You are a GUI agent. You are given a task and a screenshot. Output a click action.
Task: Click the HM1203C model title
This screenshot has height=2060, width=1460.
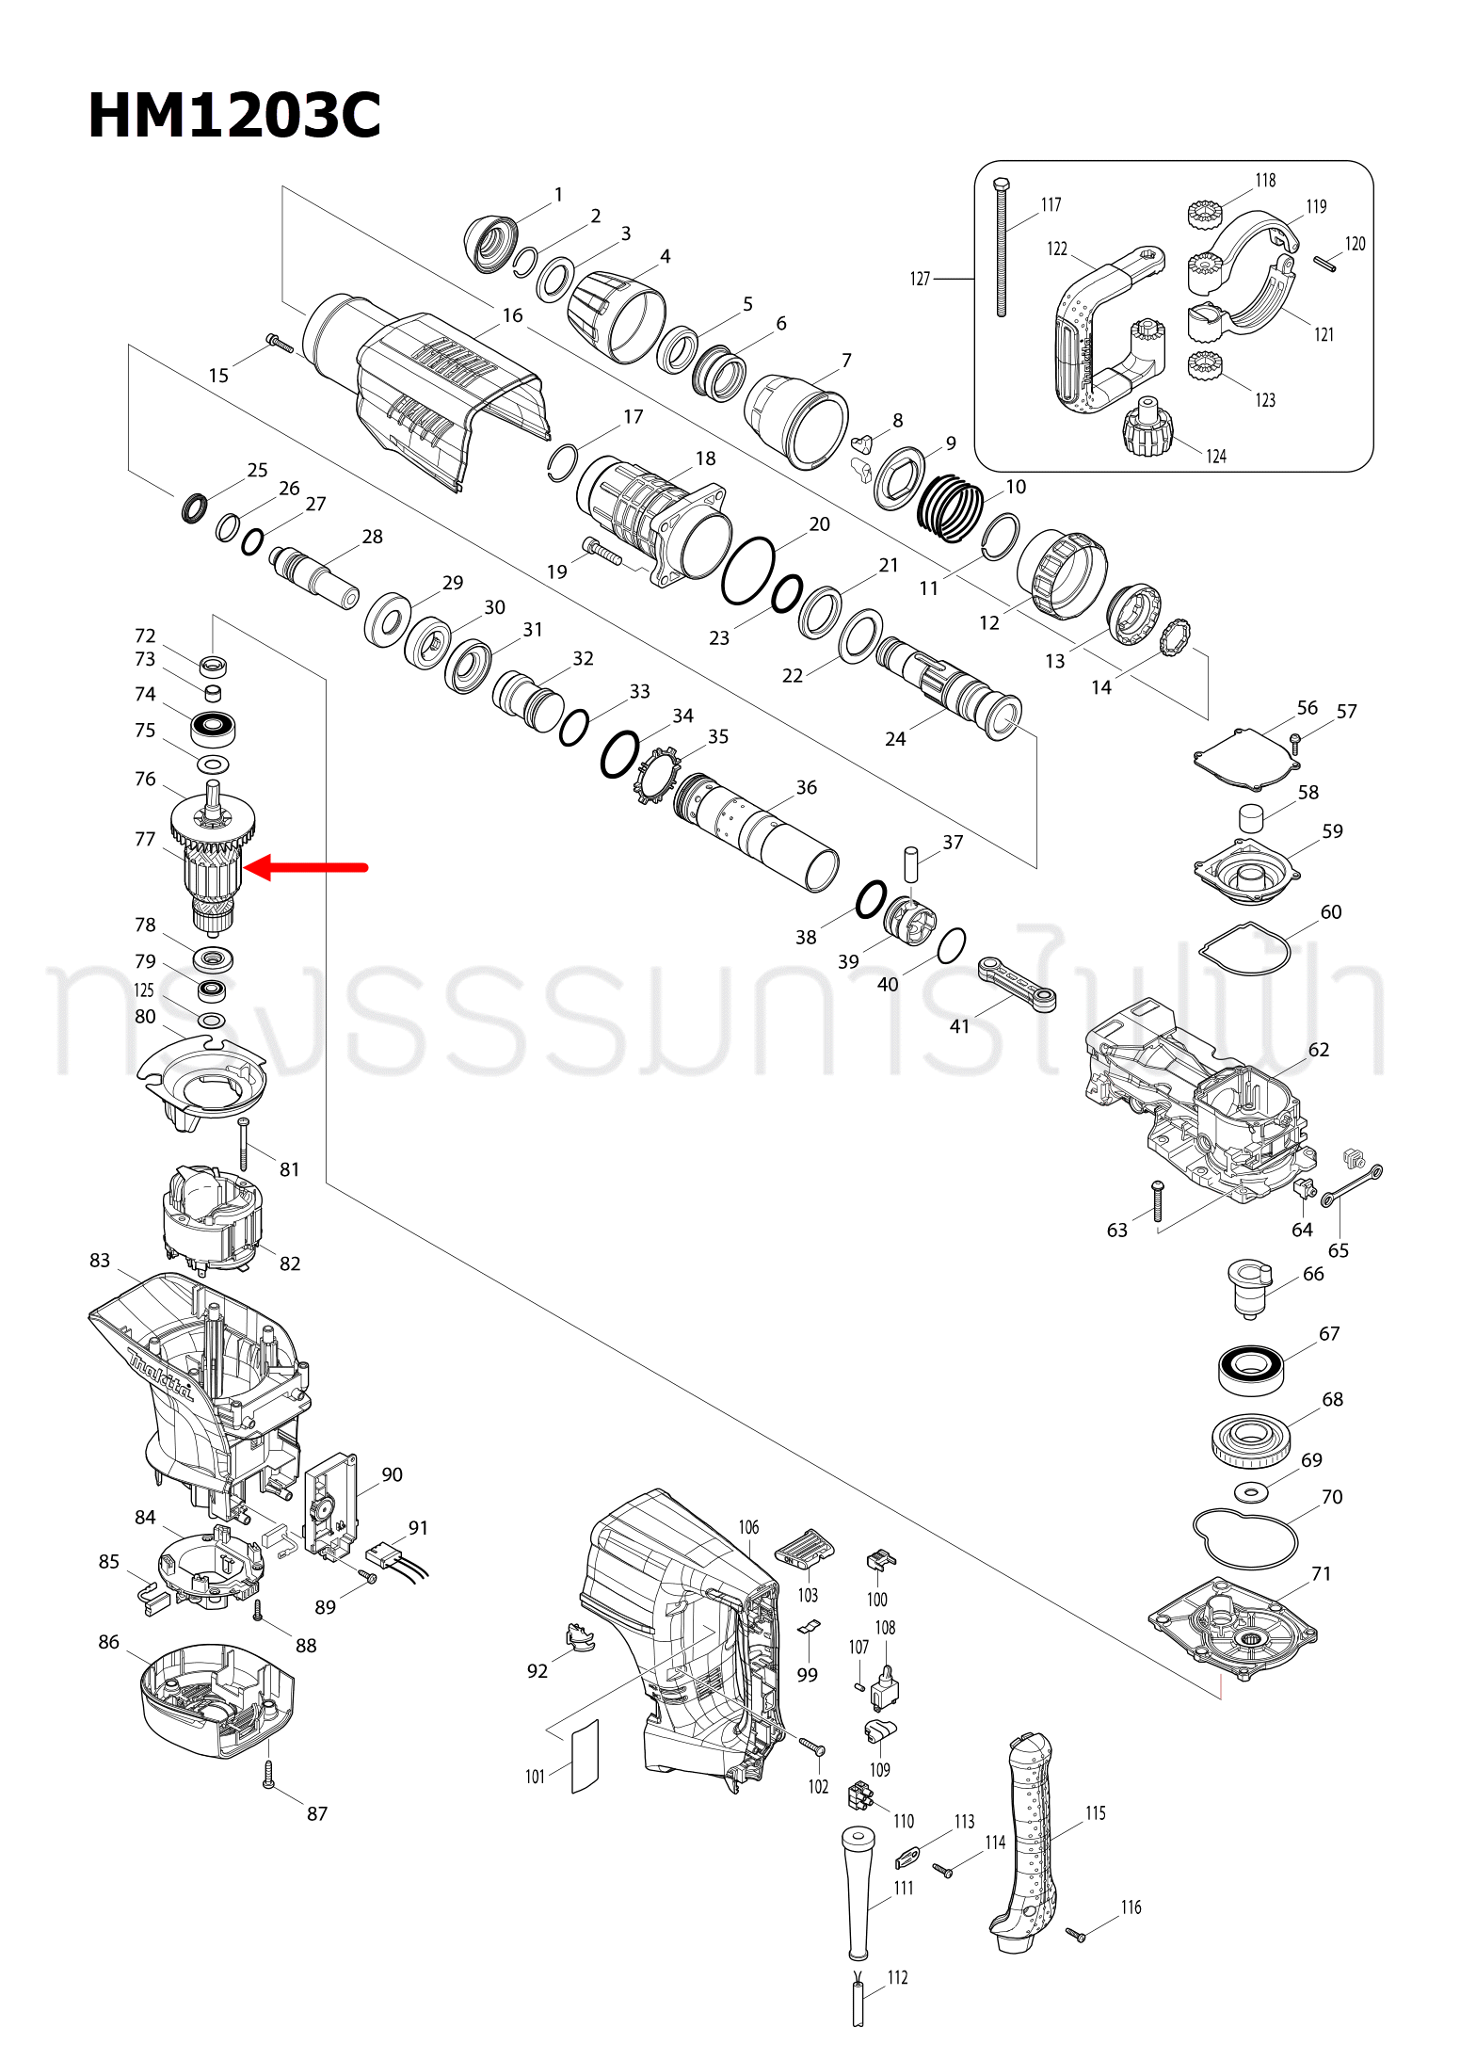tap(234, 117)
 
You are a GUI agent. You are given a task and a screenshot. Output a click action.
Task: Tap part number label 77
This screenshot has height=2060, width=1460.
tap(144, 839)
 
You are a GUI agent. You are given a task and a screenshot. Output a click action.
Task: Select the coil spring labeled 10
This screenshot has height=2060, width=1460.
tap(951, 508)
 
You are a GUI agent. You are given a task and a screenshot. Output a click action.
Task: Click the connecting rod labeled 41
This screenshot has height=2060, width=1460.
tap(1017, 983)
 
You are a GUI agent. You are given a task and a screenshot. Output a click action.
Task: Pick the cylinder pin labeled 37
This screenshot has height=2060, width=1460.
tap(910, 863)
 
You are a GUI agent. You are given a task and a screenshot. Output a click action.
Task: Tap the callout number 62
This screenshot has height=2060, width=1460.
tap(1318, 1050)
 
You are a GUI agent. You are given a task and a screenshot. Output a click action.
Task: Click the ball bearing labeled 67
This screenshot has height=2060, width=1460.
tap(1250, 1369)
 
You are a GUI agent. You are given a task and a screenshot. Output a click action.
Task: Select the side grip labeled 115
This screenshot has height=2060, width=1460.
tap(1028, 1845)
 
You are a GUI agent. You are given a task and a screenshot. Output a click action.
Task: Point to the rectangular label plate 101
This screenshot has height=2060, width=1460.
tap(585, 1757)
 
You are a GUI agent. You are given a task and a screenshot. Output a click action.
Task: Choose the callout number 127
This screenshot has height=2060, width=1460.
tap(920, 279)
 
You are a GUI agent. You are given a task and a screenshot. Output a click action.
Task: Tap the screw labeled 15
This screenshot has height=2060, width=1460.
tap(280, 344)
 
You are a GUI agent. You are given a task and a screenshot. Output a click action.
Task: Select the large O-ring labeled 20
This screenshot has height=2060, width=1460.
tap(748, 571)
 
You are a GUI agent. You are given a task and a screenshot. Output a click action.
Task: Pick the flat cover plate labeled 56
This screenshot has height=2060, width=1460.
tap(1241, 758)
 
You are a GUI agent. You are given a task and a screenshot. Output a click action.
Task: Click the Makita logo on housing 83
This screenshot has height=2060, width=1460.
tap(160, 1376)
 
